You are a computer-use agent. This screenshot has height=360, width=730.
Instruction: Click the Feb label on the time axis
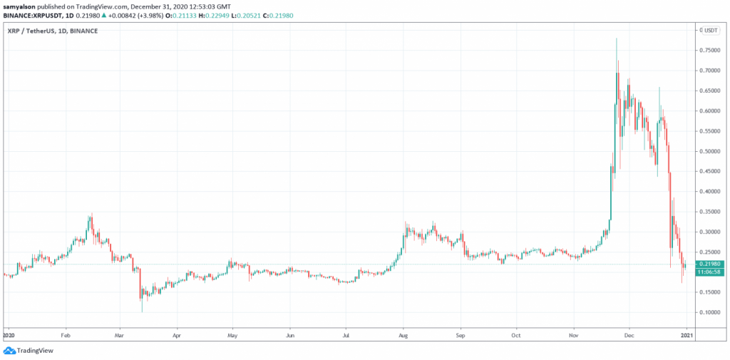(65, 333)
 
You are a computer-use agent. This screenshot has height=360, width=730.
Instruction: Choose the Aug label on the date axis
(403, 333)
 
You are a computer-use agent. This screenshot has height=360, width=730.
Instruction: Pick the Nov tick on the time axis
(574, 333)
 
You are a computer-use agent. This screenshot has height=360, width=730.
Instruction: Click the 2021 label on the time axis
(685, 333)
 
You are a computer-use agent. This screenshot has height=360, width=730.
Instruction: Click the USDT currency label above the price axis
(711, 31)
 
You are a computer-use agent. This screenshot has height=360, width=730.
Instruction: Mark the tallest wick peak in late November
(617, 38)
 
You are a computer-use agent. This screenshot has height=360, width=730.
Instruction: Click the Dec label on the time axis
(629, 333)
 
